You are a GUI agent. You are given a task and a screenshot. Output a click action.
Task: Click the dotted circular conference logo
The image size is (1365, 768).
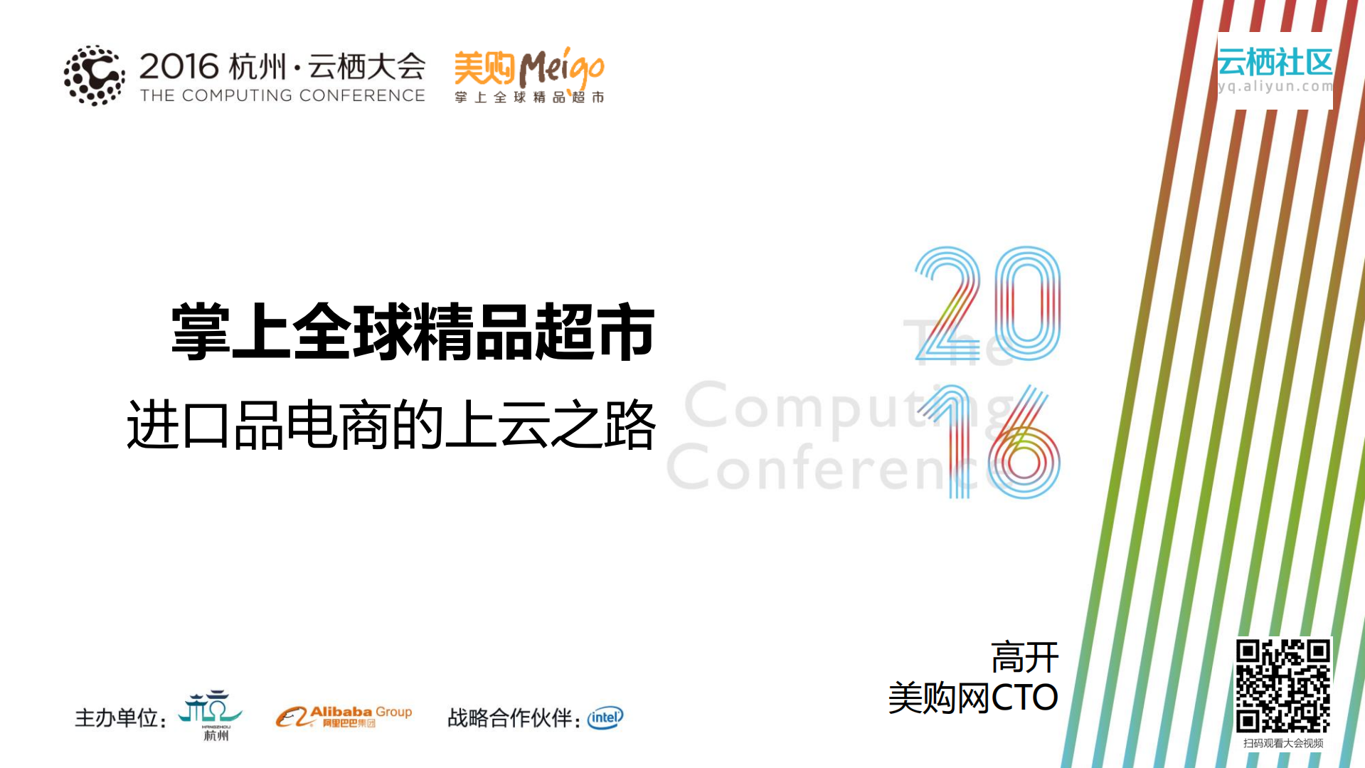[x=94, y=75]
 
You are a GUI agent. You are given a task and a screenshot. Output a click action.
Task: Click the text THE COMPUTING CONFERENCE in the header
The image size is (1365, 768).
[x=282, y=95]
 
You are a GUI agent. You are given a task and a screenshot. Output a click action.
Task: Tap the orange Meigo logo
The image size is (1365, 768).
[x=529, y=75]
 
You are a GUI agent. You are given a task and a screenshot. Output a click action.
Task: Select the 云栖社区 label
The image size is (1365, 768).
[x=1275, y=62]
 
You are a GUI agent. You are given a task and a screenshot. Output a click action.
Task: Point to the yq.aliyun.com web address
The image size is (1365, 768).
[x=1275, y=87]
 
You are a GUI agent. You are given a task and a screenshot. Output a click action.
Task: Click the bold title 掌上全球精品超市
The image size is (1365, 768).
[x=413, y=332]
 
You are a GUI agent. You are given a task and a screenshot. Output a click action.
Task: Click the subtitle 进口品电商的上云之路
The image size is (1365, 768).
[x=391, y=425]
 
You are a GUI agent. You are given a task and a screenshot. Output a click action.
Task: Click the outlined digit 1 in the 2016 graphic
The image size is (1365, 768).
[x=953, y=441]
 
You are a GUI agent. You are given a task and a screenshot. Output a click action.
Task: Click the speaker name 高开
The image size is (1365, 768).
[x=1024, y=657]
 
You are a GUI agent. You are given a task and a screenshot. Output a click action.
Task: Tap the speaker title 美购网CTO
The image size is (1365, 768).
[x=972, y=698]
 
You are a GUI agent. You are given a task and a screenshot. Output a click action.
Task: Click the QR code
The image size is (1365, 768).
[x=1282, y=685]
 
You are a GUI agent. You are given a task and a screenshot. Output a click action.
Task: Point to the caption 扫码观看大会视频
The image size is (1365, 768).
[x=1283, y=743]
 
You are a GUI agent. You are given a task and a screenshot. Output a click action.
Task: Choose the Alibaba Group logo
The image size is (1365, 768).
[x=344, y=716]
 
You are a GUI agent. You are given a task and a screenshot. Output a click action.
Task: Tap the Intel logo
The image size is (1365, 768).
[x=605, y=717]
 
